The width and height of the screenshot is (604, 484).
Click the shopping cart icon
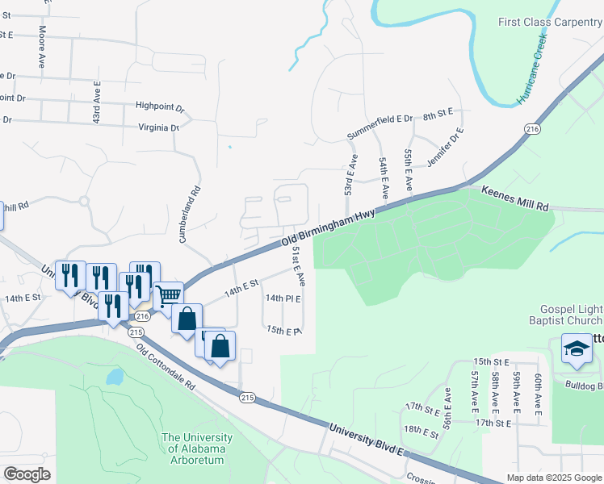pos(168,295)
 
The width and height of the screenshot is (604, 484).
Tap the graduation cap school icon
pos(577,348)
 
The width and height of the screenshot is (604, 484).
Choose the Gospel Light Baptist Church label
pos(571,318)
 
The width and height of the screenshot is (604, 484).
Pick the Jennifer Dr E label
pos(447,146)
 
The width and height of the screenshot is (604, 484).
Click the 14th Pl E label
pos(283,298)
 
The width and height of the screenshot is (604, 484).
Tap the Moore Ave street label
pos(42,46)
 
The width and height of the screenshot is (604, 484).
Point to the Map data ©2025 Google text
pos(553,478)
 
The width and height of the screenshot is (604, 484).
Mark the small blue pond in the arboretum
pos(115,377)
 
